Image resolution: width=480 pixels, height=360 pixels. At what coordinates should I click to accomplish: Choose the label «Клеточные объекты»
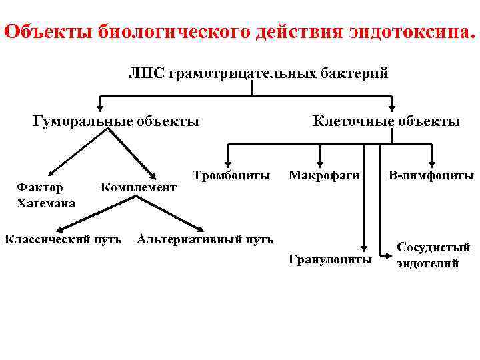click(x=386, y=121)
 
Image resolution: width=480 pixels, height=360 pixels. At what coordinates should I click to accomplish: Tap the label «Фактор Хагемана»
click(x=45, y=195)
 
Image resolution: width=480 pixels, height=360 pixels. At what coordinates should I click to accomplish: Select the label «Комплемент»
click(x=138, y=188)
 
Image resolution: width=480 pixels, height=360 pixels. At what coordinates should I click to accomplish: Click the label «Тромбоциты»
click(x=231, y=176)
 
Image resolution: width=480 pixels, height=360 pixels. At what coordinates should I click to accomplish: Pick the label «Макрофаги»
click(x=324, y=176)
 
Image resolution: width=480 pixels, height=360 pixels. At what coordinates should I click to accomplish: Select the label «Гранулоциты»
click(x=330, y=259)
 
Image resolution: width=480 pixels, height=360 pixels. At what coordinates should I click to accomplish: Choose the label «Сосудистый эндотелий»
click(x=433, y=255)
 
